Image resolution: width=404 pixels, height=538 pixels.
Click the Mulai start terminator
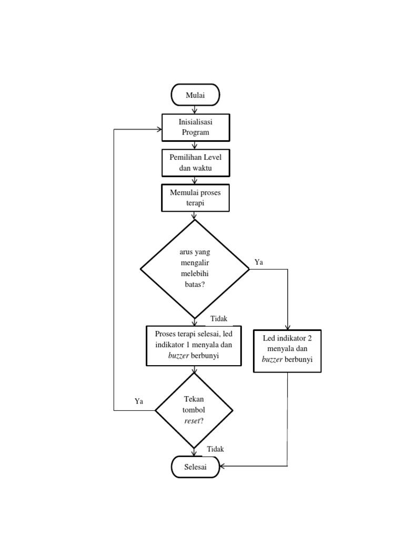[195, 95]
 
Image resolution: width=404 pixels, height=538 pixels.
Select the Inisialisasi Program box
[195, 128]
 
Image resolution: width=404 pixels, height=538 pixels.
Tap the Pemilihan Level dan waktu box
[195, 163]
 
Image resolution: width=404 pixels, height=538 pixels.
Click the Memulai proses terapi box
[195, 198]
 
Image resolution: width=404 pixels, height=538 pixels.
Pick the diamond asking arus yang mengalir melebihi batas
[195, 268]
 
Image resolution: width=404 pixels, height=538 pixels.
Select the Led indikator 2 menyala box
[287, 350]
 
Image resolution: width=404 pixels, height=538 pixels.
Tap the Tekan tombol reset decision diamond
[194, 410]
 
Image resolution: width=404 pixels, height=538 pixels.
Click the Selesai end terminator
[195, 467]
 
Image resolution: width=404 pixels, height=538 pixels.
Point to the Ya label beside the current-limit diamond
[259, 262]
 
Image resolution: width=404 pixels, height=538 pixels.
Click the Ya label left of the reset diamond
[139, 401]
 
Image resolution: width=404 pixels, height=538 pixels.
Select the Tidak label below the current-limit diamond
[219, 319]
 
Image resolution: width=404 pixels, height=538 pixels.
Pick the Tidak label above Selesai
[215, 449]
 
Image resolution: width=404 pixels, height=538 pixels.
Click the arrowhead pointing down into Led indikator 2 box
[287, 327]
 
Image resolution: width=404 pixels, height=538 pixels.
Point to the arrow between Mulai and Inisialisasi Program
[195, 109]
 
